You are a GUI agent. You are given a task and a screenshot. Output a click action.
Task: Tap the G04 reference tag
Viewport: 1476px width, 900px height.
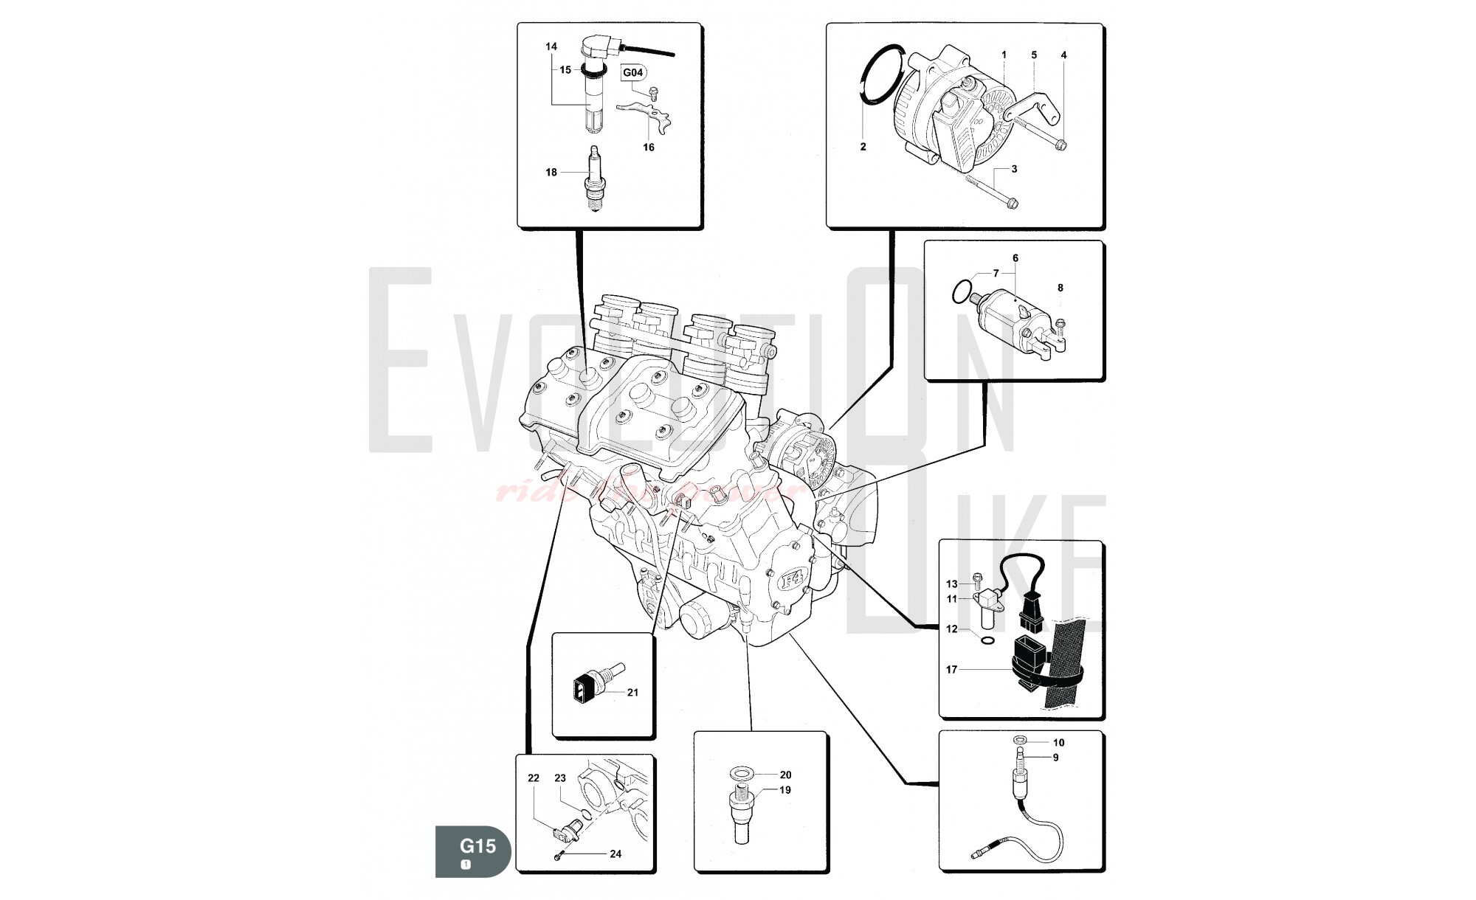point(633,72)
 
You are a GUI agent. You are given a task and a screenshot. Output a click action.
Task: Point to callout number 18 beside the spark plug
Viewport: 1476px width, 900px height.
point(551,173)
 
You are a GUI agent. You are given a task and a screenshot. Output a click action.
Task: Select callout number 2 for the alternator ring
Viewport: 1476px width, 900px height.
point(863,147)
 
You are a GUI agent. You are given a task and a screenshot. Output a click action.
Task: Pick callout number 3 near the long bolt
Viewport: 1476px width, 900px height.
point(1014,169)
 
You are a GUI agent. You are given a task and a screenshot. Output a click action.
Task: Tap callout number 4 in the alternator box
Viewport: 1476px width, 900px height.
point(1063,55)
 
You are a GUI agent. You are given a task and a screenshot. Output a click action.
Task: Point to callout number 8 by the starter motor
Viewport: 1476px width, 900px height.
point(1061,288)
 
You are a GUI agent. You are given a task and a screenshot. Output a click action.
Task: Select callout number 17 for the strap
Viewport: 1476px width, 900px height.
point(951,670)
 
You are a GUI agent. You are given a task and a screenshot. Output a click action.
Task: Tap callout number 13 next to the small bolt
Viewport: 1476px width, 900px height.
point(951,584)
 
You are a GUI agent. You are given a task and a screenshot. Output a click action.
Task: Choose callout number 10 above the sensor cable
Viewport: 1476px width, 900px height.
point(1058,743)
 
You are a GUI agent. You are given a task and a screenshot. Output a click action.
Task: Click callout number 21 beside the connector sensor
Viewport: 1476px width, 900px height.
point(632,693)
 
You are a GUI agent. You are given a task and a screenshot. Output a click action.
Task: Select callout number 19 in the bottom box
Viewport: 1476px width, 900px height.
point(785,790)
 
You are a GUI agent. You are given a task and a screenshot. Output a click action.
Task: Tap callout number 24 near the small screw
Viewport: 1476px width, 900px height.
point(615,854)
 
